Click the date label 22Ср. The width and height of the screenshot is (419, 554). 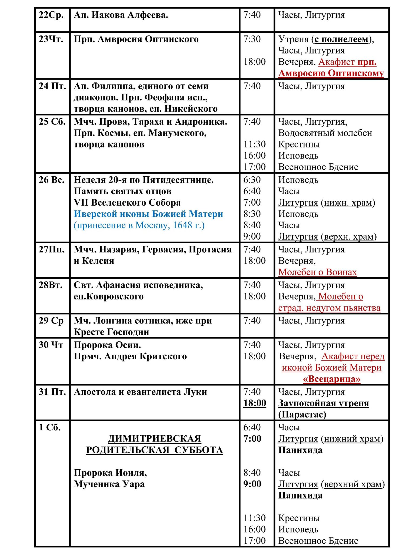click(51, 15)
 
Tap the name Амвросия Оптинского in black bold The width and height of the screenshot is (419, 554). click(148, 39)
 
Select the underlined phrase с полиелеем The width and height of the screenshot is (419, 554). click(341, 39)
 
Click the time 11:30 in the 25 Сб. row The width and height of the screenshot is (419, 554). click(254, 144)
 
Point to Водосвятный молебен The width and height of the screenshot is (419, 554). click(325, 133)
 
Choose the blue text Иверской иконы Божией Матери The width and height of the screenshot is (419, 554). click(148, 214)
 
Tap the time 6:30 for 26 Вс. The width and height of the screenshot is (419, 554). click(252, 180)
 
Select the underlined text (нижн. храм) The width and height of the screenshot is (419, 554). click(348, 203)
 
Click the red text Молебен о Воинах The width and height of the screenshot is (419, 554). click(317, 272)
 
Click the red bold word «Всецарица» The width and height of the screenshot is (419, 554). click(331, 379)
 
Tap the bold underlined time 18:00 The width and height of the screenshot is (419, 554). click(254, 403)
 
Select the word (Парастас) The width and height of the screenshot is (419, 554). click(302, 415)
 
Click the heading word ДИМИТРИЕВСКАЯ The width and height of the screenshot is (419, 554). click(154, 439)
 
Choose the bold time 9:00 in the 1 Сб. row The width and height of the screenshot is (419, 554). click(252, 484)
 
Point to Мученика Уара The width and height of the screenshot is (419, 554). click(109, 484)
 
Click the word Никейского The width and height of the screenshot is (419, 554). click(191, 109)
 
